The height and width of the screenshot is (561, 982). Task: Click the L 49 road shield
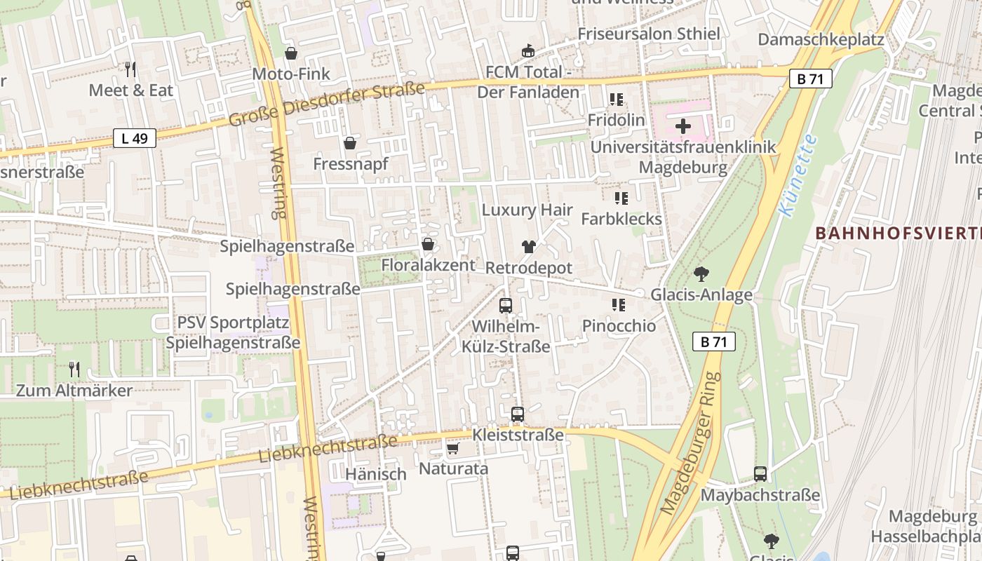point(134,138)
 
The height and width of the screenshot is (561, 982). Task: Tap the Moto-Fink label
point(290,74)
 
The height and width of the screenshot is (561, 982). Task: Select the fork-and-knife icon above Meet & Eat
point(130,69)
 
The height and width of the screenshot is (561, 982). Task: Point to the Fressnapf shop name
point(350,164)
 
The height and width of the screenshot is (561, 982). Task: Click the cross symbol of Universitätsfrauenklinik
point(683,126)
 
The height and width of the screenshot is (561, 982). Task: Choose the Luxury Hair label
point(527,210)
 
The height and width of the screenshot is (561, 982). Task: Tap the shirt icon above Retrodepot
point(528,247)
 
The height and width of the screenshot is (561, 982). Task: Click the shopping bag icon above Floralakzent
point(427,244)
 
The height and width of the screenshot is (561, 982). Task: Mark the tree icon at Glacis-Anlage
point(701,274)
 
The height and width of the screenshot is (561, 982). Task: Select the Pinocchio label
point(619,326)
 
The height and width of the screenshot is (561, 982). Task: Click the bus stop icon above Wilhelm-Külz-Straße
point(505,305)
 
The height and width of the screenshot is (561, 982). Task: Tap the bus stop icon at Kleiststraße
point(518,414)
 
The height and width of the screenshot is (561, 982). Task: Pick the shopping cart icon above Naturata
point(452,447)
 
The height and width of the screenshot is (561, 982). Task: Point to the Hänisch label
point(376,474)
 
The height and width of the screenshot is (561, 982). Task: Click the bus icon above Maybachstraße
point(760,473)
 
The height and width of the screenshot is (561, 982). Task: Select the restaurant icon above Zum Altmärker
point(74,369)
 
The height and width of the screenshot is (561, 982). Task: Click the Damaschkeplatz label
point(821,39)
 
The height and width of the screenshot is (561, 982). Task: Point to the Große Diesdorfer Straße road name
point(327,104)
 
